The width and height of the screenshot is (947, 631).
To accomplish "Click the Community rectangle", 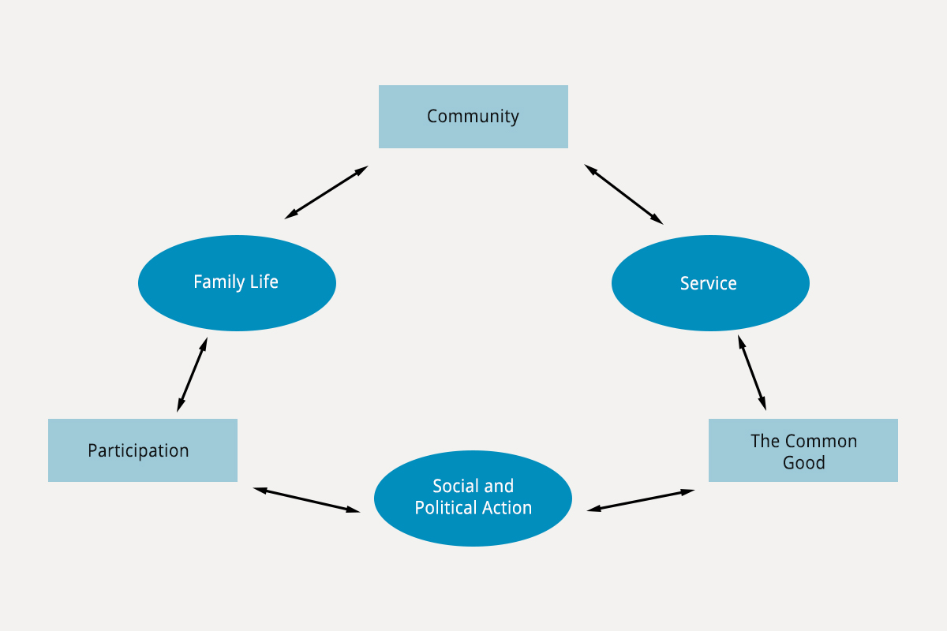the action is (x=473, y=117).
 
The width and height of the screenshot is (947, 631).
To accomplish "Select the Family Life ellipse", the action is (x=238, y=283).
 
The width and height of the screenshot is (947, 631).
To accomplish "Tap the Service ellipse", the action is (x=710, y=283).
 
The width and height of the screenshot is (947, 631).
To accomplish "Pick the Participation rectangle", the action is (x=143, y=450).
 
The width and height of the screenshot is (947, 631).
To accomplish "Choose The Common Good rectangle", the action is (x=803, y=450).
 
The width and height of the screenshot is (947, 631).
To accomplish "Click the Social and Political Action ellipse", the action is (x=473, y=498).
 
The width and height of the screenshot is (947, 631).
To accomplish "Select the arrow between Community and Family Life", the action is (x=327, y=192).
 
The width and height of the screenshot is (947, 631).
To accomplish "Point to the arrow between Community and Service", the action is (x=623, y=194).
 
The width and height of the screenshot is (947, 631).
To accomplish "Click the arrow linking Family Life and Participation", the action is (x=192, y=375).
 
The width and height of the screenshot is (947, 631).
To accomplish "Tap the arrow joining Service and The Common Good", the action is (x=752, y=373).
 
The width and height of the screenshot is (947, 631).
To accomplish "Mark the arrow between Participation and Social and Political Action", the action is (x=306, y=500).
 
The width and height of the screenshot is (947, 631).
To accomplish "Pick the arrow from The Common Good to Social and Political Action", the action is (x=641, y=501).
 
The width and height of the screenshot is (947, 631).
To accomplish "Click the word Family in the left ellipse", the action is (x=219, y=282).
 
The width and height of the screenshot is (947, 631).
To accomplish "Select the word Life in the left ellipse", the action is (x=264, y=282).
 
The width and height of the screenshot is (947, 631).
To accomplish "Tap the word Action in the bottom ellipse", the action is (x=507, y=508).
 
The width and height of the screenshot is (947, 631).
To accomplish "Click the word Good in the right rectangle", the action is (x=803, y=462).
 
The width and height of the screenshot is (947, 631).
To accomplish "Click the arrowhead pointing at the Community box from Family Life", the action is (x=362, y=170).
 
